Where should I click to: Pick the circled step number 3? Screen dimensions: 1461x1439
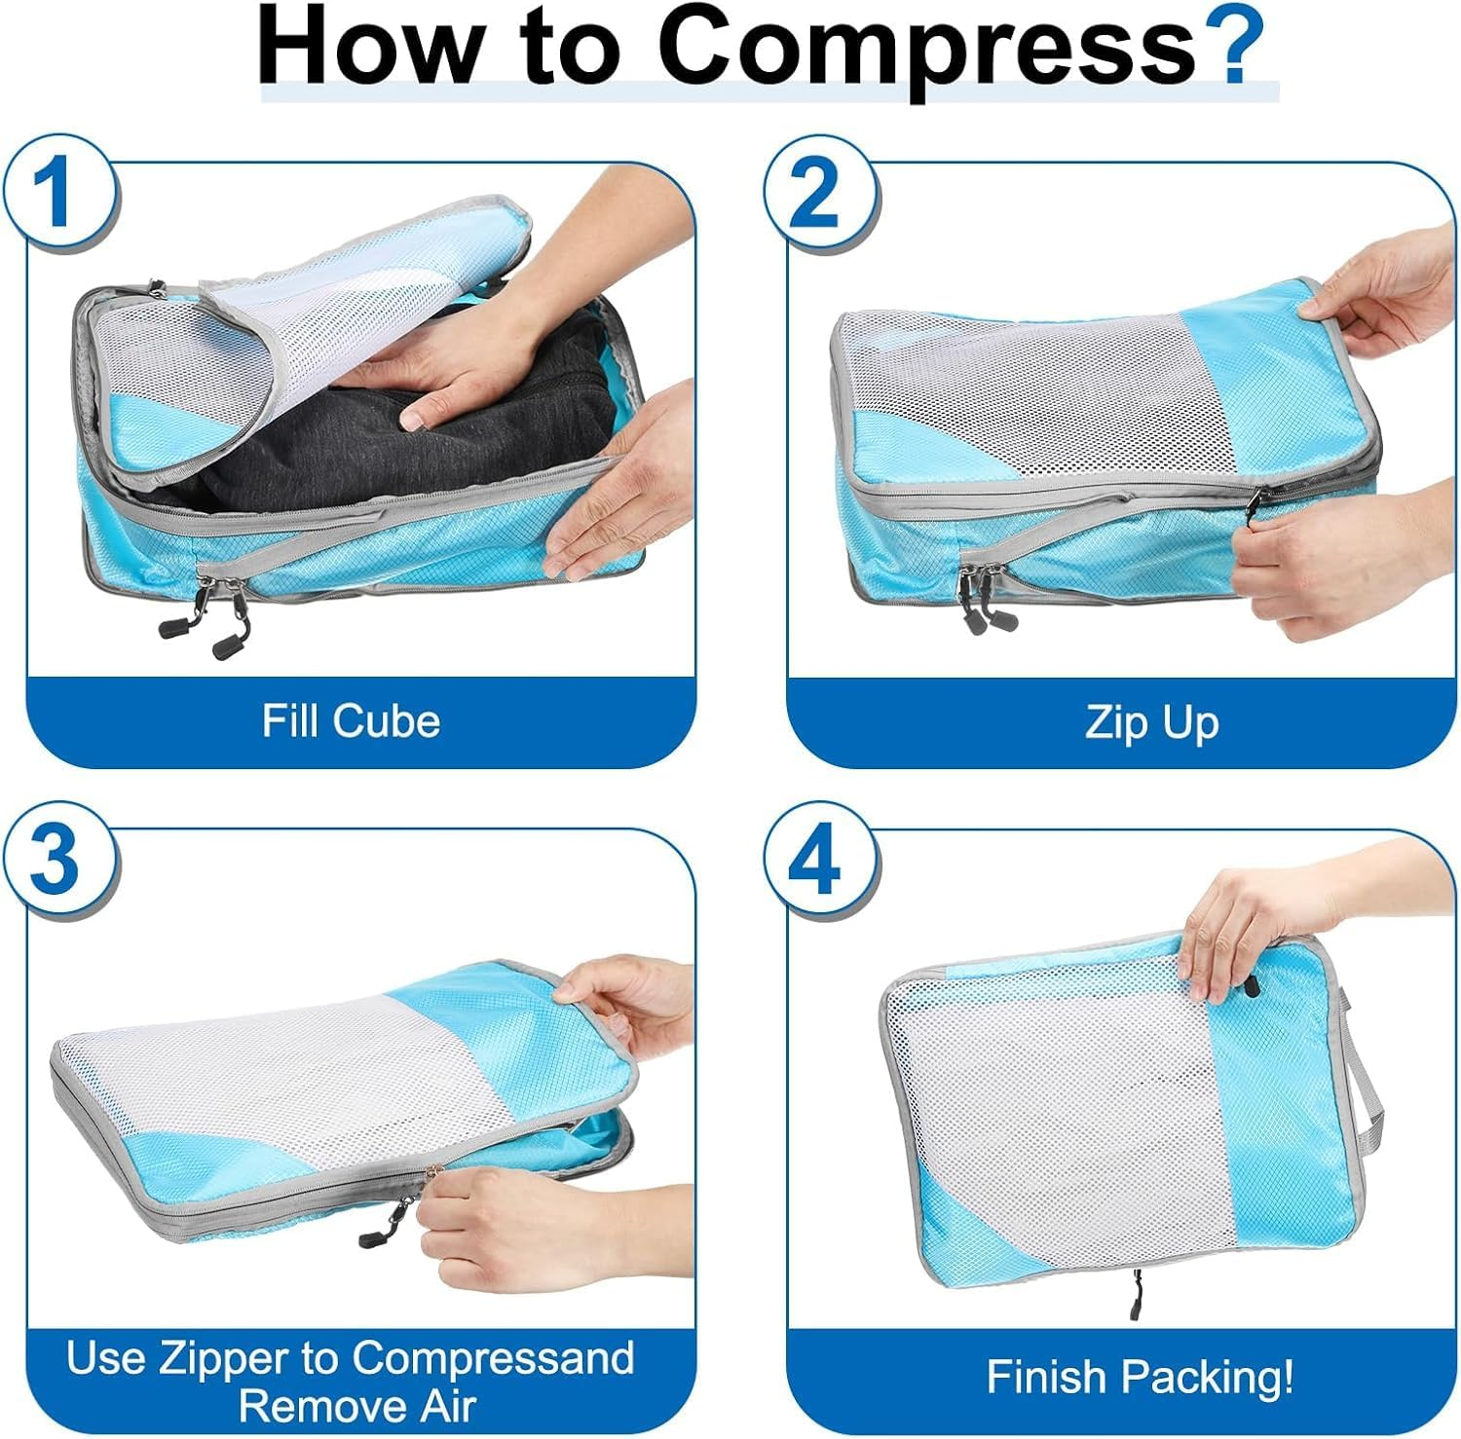click(57, 859)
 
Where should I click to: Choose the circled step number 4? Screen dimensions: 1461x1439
click(816, 859)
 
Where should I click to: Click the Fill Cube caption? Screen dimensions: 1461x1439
click(352, 721)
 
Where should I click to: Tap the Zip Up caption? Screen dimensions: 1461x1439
click(1152, 723)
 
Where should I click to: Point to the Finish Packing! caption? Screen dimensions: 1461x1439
click(1141, 1377)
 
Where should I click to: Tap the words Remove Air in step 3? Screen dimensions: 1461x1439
click(358, 1407)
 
